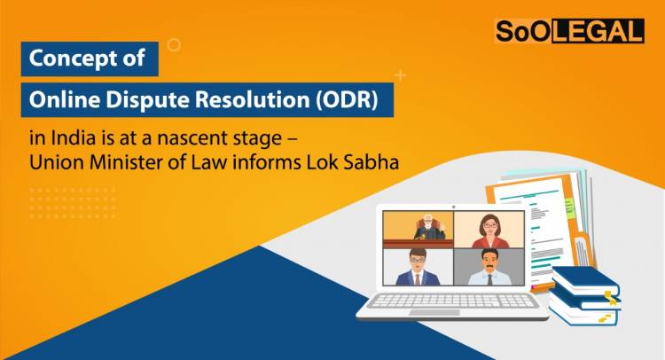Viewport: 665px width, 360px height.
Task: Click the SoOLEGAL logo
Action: (567, 31)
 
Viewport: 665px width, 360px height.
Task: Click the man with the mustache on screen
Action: (489, 268)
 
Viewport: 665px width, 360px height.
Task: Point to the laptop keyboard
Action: (453, 300)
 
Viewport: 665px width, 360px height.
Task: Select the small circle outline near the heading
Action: (174, 43)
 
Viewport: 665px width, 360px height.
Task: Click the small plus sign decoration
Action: (401, 75)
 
